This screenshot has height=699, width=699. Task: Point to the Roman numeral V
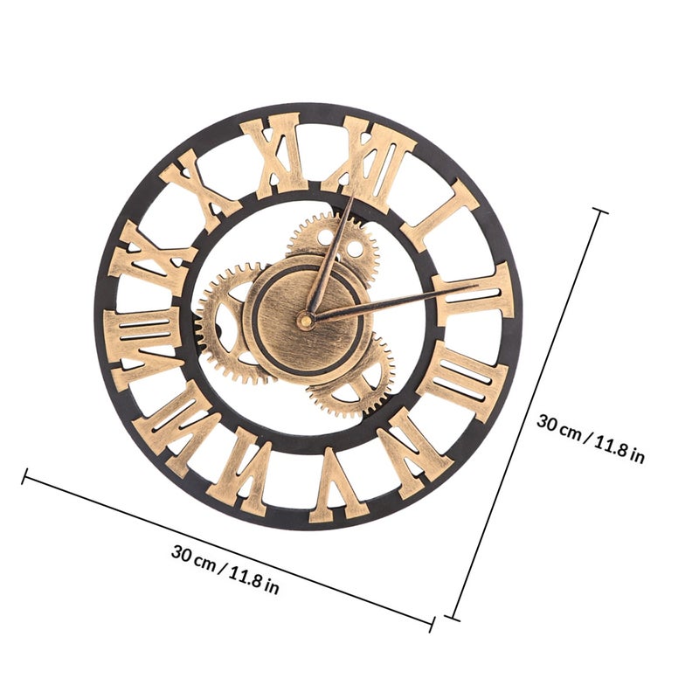[338, 487]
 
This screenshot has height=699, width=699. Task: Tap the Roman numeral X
[201, 187]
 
